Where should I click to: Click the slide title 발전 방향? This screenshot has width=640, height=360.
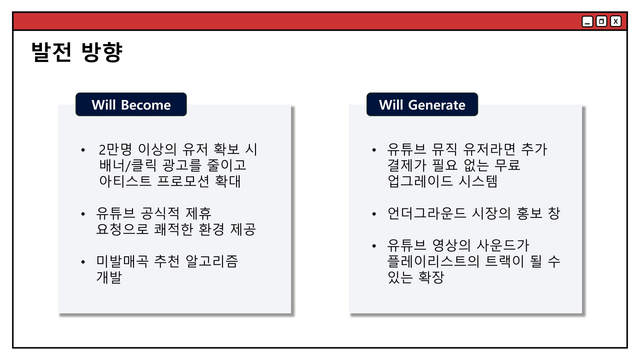(77, 52)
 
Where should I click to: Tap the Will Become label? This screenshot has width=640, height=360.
(131, 105)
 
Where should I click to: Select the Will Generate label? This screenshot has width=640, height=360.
(422, 105)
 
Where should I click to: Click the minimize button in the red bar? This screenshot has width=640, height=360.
(587, 22)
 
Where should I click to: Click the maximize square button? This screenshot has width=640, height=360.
(601, 22)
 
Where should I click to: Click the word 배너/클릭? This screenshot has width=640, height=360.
(128, 165)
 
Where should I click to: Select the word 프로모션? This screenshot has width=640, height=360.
(183, 181)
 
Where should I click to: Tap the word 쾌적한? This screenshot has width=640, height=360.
(173, 229)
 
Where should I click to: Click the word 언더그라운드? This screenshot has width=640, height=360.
(427, 213)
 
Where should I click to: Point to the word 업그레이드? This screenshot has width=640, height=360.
(420, 181)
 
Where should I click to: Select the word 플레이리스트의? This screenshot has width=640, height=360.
(433, 261)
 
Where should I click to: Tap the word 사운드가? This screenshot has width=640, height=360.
(503, 245)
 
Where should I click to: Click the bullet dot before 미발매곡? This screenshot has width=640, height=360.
(83, 262)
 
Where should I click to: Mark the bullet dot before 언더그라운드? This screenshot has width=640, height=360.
(374, 214)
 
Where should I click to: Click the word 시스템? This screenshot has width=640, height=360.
(478, 181)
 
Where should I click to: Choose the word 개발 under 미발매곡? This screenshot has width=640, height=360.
(109, 277)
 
